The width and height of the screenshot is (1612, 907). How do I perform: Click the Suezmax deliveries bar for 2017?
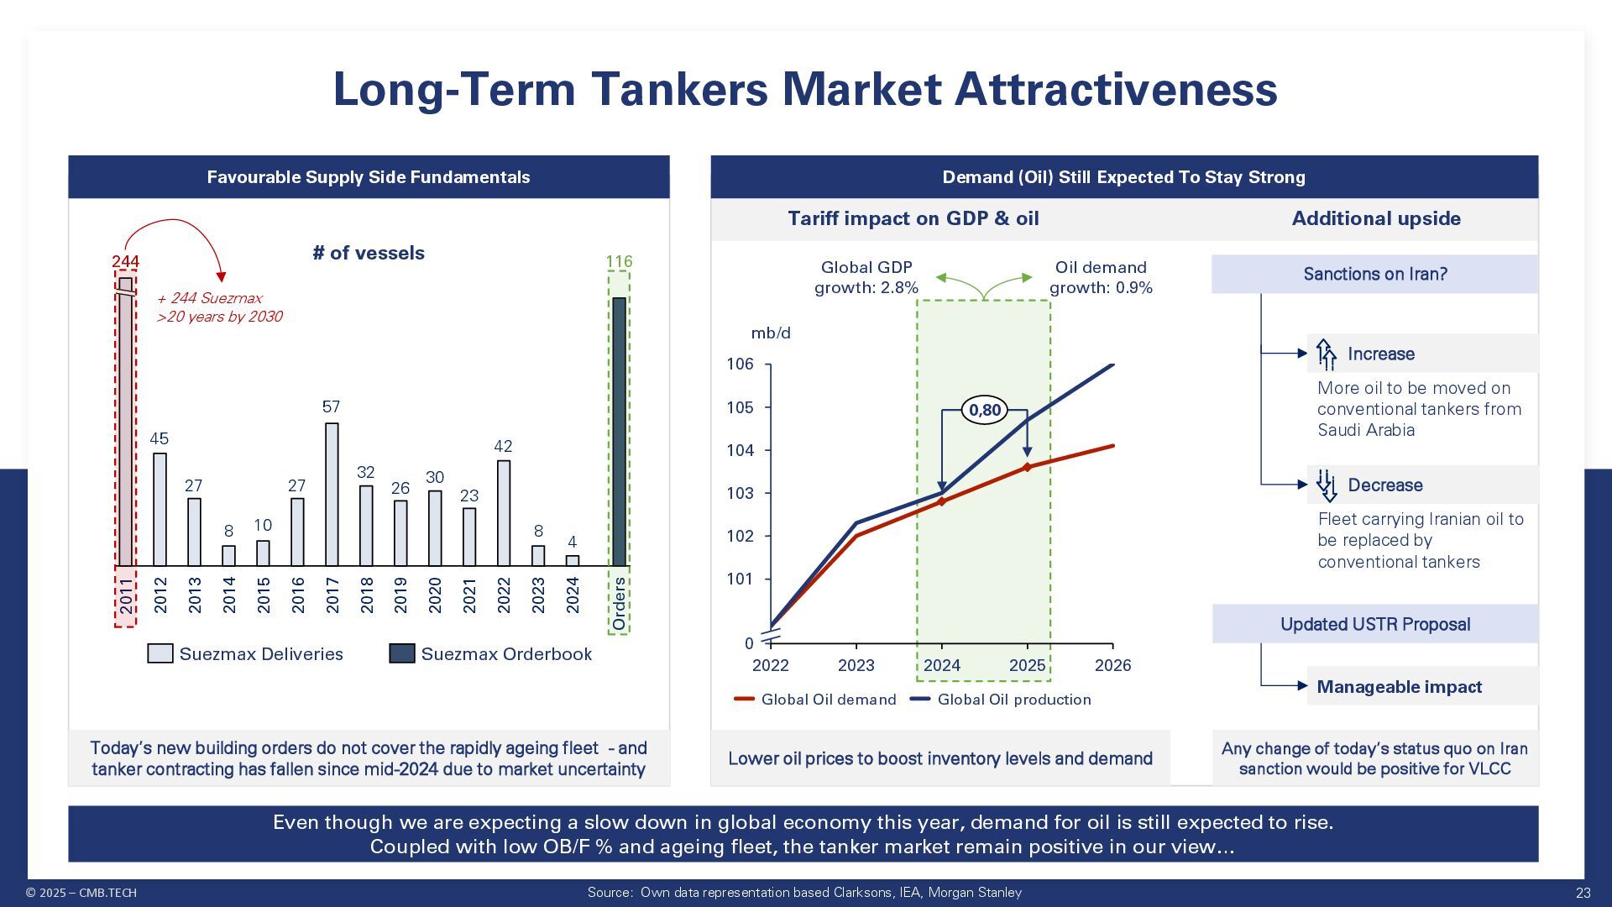332,494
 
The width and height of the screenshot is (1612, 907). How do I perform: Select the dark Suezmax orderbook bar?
619,432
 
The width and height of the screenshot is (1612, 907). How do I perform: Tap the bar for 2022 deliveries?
504,513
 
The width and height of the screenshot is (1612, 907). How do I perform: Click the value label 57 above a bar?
332,406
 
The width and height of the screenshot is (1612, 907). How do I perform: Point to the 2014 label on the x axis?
229,595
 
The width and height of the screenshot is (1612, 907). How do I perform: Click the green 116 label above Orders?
619,261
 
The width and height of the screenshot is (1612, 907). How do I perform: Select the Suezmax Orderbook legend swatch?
402,653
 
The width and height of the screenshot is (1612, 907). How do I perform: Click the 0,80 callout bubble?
985,410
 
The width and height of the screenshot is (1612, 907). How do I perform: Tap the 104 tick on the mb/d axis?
741,450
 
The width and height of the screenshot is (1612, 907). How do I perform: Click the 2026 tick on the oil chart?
1113,665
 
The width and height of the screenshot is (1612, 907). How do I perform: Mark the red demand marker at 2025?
1028,467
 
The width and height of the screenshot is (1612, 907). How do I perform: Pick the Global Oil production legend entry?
1001,700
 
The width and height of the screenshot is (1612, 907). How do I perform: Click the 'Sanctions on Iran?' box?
1374,274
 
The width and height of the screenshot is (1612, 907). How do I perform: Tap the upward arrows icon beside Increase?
1326,354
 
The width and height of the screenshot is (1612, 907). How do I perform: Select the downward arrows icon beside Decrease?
1326,485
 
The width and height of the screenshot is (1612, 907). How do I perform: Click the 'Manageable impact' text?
1399,687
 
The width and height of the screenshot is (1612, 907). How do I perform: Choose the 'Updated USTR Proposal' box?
1375,624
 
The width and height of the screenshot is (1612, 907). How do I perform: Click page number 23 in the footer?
1583,893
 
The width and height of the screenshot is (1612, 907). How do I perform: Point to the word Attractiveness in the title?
1116,89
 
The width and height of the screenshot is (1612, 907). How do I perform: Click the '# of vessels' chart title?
369,253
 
